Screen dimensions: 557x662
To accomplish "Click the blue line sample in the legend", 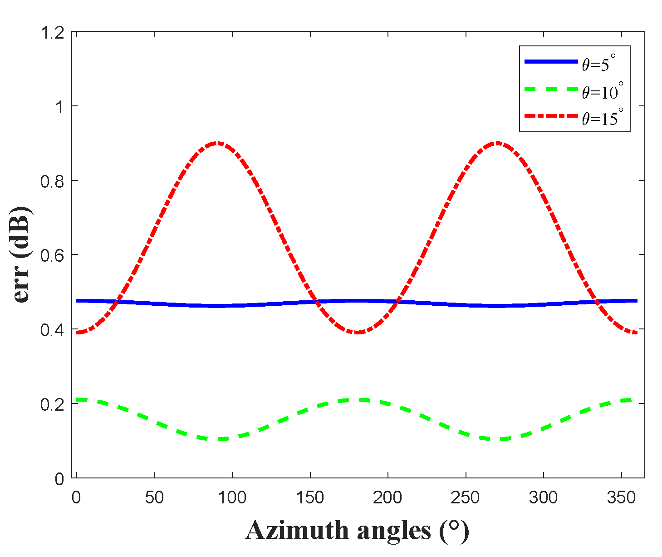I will click(550, 62).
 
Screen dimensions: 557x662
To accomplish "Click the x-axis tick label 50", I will click(154, 498).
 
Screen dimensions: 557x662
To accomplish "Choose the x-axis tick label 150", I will click(310, 498).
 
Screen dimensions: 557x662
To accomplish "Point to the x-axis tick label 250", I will click(466, 498).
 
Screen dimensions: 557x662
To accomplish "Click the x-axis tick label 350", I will click(621, 498).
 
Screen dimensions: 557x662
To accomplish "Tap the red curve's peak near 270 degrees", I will click(497, 143).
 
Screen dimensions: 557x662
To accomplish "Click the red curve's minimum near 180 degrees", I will click(357, 333).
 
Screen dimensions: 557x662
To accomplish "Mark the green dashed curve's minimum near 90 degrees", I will click(218, 439).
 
